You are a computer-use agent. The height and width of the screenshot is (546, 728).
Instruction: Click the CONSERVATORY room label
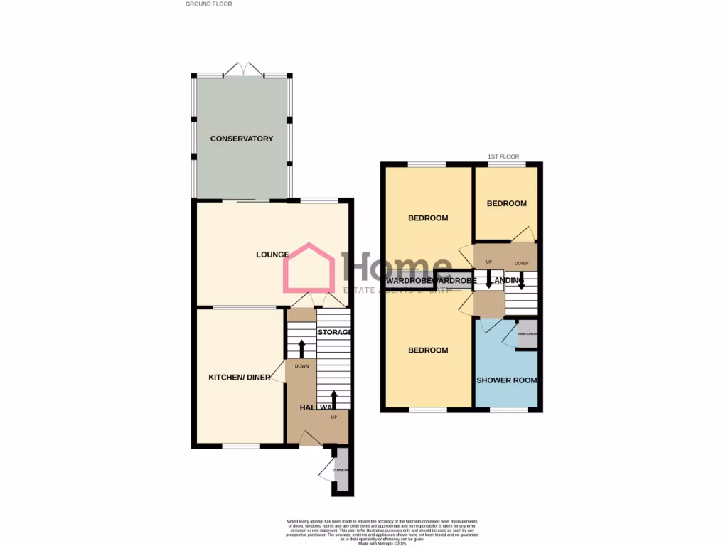[x=242, y=139]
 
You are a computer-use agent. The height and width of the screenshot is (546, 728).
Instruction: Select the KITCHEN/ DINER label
[x=239, y=378]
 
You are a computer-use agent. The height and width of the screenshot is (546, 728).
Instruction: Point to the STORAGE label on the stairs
[x=334, y=332]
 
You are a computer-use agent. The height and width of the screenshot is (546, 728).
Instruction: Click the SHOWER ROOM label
[x=506, y=380]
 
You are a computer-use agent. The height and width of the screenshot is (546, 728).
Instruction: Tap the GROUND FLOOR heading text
[x=209, y=4]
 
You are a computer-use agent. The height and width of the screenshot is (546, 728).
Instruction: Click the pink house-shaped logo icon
[x=309, y=268]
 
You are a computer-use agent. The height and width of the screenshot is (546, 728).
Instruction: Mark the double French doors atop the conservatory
[x=242, y=70]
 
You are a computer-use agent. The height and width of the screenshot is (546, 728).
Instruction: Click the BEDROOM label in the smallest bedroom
[x=506, y=204]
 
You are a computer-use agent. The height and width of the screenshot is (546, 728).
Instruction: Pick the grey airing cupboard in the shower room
[x=527, y=334]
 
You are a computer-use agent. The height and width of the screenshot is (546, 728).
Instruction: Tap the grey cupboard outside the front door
[x=342, y=469]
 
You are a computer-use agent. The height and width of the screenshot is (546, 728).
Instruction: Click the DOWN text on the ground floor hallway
[x=301, y=367]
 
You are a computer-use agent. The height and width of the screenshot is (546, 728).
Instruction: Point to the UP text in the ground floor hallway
[x=333, y=417]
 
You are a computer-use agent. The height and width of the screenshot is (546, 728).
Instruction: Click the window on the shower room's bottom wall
[x=509, y=409]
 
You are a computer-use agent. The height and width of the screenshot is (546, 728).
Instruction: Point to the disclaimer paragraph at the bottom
[x=364, y=530]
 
